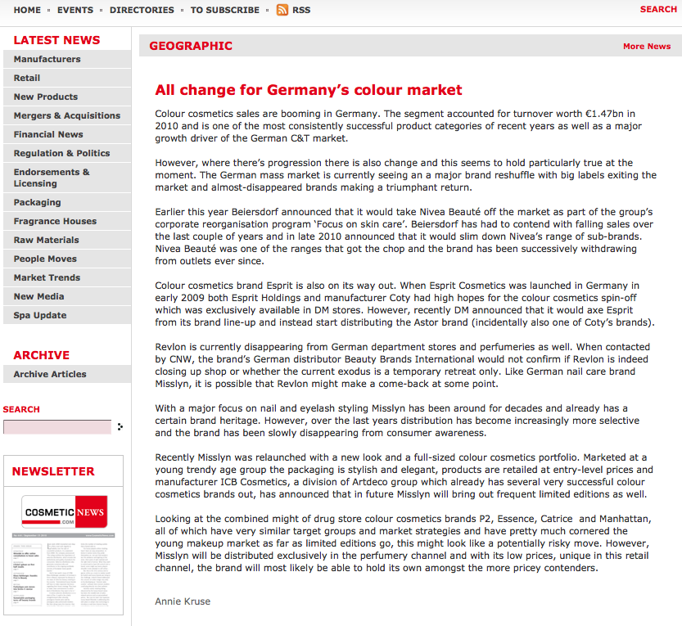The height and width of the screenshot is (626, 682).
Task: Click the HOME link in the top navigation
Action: [27, 10]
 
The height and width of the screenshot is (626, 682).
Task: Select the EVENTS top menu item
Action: [75, 10]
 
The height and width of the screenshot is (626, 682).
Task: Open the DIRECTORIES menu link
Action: [142, 10]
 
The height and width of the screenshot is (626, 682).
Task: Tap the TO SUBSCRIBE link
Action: [225, 10]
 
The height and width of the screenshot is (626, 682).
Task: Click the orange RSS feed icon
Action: [282, 10]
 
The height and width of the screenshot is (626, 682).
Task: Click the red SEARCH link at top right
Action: [658, 9]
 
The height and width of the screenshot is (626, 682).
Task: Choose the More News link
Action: [647, 46]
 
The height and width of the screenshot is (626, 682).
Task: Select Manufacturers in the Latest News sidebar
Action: [47, 59]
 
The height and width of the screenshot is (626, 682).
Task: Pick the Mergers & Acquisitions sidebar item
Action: [67, 115]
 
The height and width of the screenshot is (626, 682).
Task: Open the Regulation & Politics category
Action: [62, 153]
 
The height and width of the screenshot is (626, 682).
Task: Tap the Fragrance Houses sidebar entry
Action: [55, 221]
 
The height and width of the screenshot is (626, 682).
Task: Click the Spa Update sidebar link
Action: [40, 315]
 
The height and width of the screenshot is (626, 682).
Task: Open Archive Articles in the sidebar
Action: [50, 374]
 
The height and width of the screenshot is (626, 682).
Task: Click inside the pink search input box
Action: [57, 426]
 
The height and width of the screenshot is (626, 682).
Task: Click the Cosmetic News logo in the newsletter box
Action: [65, 512]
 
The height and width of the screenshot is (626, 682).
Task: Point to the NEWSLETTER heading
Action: [53, 471]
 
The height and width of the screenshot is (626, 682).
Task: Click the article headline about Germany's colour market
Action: [309, 90]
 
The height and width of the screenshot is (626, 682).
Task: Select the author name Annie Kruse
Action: [183, 601]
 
